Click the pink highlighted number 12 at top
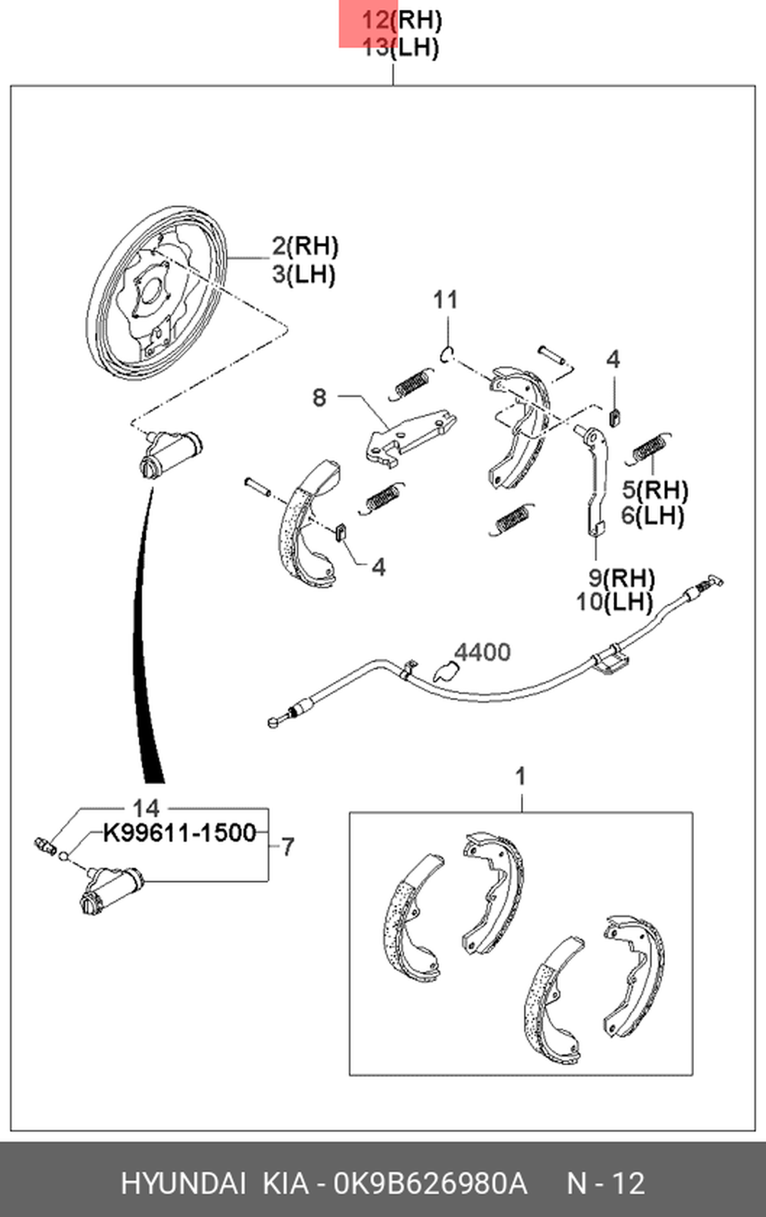click(375, 21)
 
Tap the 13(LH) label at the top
click(400, 48)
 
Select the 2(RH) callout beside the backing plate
click(305, 247)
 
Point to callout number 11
click(445, 300)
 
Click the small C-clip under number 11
click(447, 354)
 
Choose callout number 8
click(319, 398)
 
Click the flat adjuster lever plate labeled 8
click(410, 438)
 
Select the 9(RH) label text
click(621, 578)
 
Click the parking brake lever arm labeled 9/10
click(594, 479)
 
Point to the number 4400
click(482, 652)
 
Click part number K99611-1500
click(179, 832)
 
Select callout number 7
click(288, 847)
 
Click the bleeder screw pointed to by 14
click(44, 845)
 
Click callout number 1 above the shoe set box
click(520, 777)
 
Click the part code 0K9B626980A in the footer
click(430, 1183)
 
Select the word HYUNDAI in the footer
click(183, 1183)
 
